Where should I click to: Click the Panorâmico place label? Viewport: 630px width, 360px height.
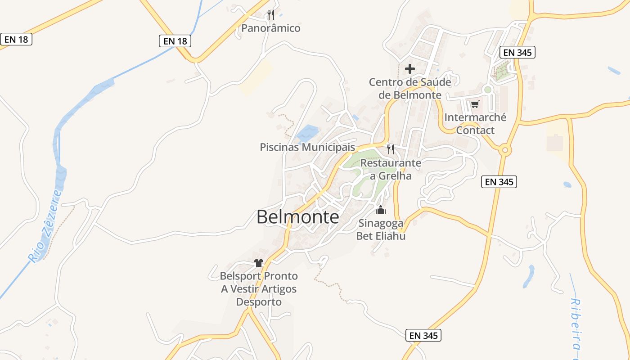(270, 28)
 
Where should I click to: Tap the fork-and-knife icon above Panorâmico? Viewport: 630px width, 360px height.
(270, 15)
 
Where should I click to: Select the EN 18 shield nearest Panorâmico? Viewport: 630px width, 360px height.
(175, 41)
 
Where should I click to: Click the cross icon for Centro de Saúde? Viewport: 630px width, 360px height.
(410, 69)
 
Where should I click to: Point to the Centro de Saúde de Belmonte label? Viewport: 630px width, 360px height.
(410, 89)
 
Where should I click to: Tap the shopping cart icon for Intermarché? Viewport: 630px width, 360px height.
(475, 104)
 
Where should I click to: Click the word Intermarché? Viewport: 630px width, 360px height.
(475, 117)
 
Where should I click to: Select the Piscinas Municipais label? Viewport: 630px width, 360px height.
(307, 147)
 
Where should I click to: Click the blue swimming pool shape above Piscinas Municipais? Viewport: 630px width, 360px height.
(308, 133)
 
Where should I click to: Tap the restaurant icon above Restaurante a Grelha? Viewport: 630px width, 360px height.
(391, 149)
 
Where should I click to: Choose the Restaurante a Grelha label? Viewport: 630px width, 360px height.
(391, 169)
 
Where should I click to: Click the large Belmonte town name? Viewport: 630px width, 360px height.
(298, 217)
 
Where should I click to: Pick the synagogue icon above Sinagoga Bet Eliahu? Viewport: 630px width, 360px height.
(381, 210)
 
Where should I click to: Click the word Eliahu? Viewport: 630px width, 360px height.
(389, 236)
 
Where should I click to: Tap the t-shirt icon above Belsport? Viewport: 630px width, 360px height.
(258, 262)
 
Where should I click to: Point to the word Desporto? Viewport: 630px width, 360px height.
(259, 302)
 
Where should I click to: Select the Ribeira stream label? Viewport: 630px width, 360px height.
(576, 328)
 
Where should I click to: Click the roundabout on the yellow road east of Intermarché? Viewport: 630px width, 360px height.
(504, 150)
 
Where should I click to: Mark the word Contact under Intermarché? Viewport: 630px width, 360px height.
(475, 130)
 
